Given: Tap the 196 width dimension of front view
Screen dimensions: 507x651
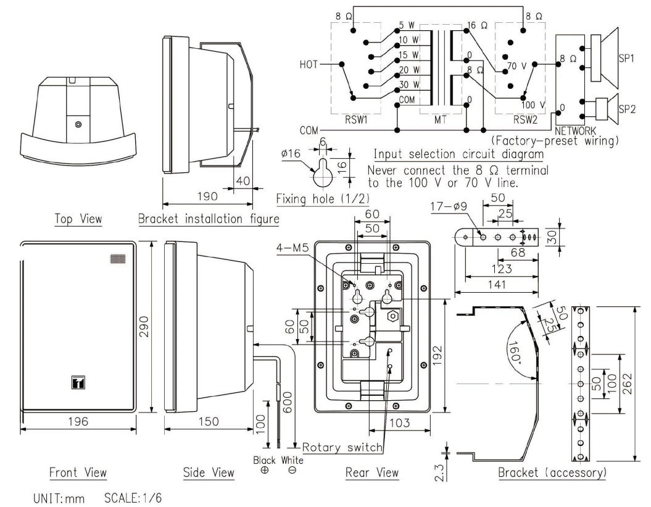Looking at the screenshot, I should point(78,421).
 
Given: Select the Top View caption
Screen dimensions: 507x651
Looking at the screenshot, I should point(78,218).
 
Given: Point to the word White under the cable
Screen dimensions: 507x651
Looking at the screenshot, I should point(292,460).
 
